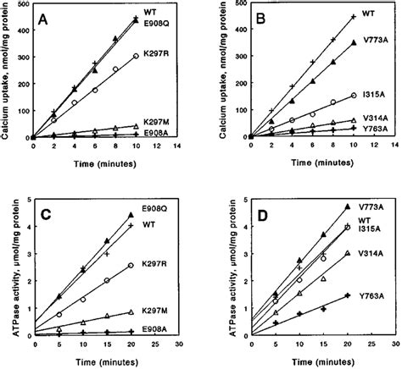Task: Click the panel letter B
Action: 265,26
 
